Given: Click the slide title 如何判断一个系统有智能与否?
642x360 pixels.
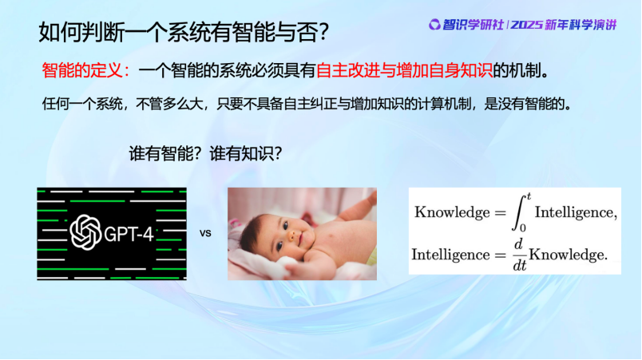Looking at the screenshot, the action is click(x=184, y=31).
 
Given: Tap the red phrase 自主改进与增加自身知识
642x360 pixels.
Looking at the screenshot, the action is click(x=405, y=71).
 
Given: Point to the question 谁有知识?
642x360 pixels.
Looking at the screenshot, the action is click(x=246, y=154).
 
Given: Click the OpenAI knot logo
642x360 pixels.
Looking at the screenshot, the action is click(x=85, y=232).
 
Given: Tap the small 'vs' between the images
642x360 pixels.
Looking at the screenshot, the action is click(x=205, y=234).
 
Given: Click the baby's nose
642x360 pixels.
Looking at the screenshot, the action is click(x=291, y=235).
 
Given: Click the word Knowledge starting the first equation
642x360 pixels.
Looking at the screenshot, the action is click(x=452, y=212).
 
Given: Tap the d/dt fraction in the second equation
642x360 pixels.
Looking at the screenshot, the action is click(x=519, y=255).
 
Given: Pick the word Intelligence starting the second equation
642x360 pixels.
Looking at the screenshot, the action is click(x=450, y=255).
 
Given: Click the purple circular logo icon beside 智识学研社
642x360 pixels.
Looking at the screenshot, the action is click(x=434, y=25).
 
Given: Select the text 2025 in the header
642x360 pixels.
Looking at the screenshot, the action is click(x=526, y=25).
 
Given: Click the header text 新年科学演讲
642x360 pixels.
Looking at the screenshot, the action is click(x=581, y=25).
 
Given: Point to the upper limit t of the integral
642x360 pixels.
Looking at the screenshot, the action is click(x=529, y=196).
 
